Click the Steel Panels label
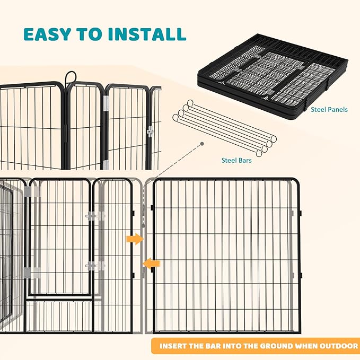tap(330, 110)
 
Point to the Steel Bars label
tap(236, 160)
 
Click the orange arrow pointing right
tap(134, 240)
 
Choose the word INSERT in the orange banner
tap(174, 346)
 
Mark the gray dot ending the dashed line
tap(202, 143)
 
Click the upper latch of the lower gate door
tap(94, 216)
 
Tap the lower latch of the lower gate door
tap(94, 265)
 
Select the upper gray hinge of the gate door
tap(32, 191)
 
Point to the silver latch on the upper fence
tap(150, 130)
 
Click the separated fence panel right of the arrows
tap(225, 254)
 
